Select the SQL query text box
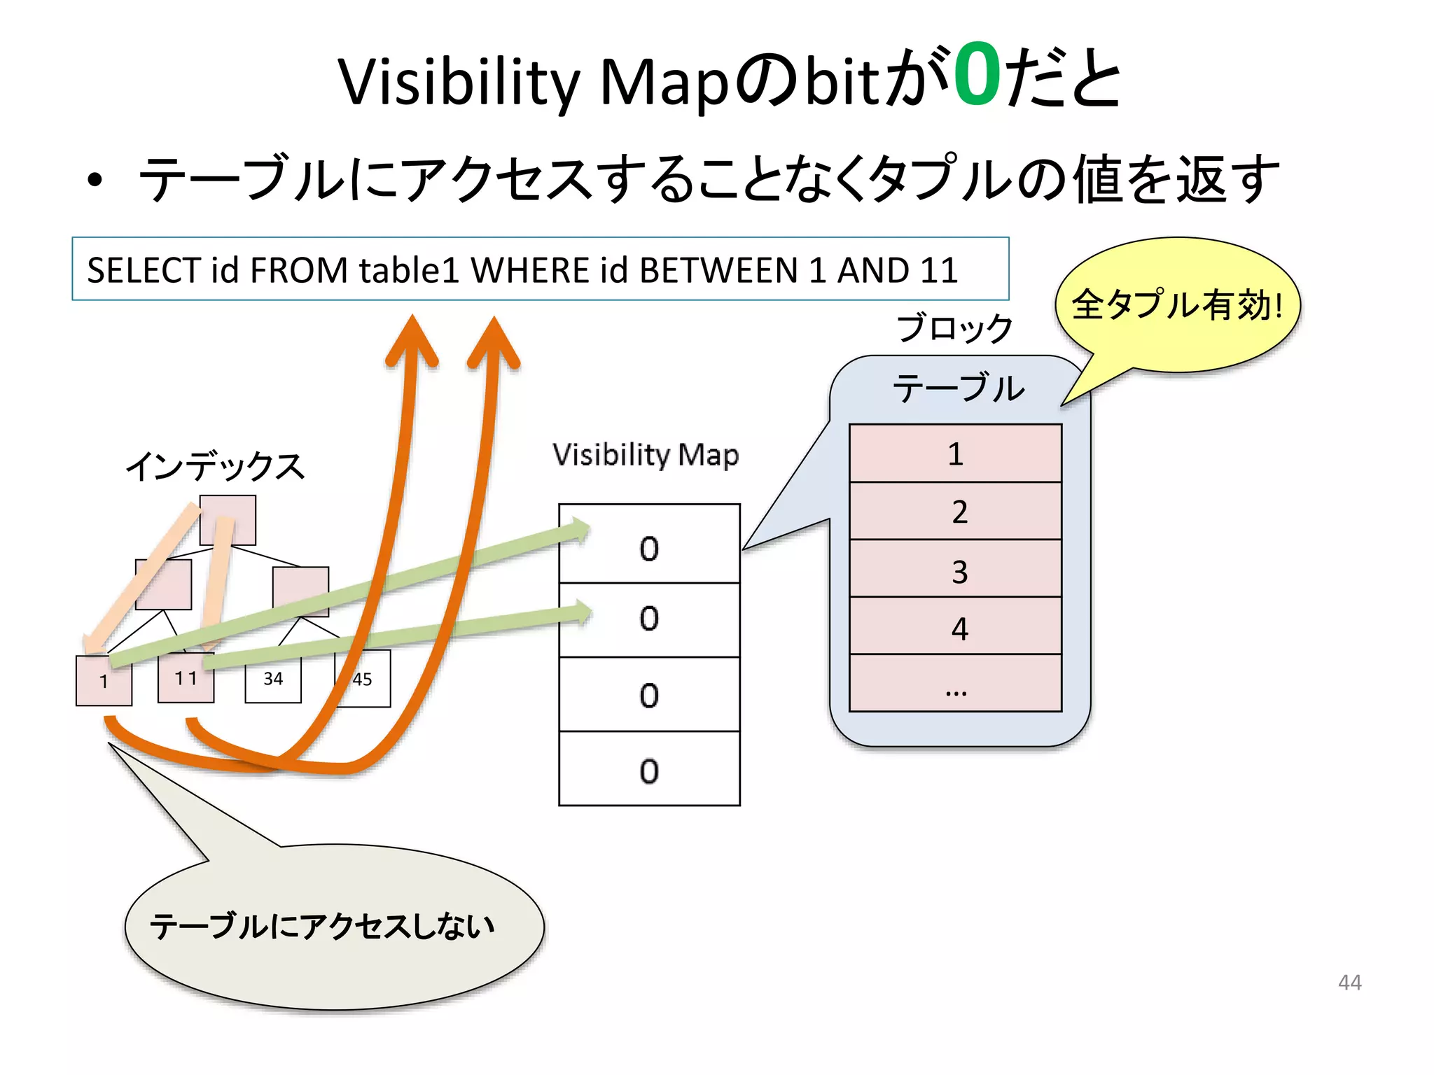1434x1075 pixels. (x=540, y=269)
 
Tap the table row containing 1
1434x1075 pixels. (x=955, y=454)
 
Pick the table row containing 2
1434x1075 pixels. (x=955, y=512)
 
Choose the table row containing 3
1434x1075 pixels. (x=955, y=570)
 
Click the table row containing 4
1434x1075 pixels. (x=955, y=627)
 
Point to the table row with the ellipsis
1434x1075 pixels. (x=955, y=684)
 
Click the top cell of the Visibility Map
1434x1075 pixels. (x=649, y=544)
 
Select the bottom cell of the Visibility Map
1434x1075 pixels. (x=649, y=769)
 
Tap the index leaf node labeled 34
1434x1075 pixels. (x=273, y=680)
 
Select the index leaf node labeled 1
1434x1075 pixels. (x=104, y=682)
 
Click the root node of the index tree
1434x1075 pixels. (x=228, y=520)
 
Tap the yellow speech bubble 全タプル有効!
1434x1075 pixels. (x=1178, y=305)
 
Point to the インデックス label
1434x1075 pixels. (x=216, y=465)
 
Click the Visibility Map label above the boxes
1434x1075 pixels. (x=645, y=455)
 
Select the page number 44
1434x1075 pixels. (x=1349, y=983)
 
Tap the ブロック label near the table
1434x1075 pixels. (x=955, y=328)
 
